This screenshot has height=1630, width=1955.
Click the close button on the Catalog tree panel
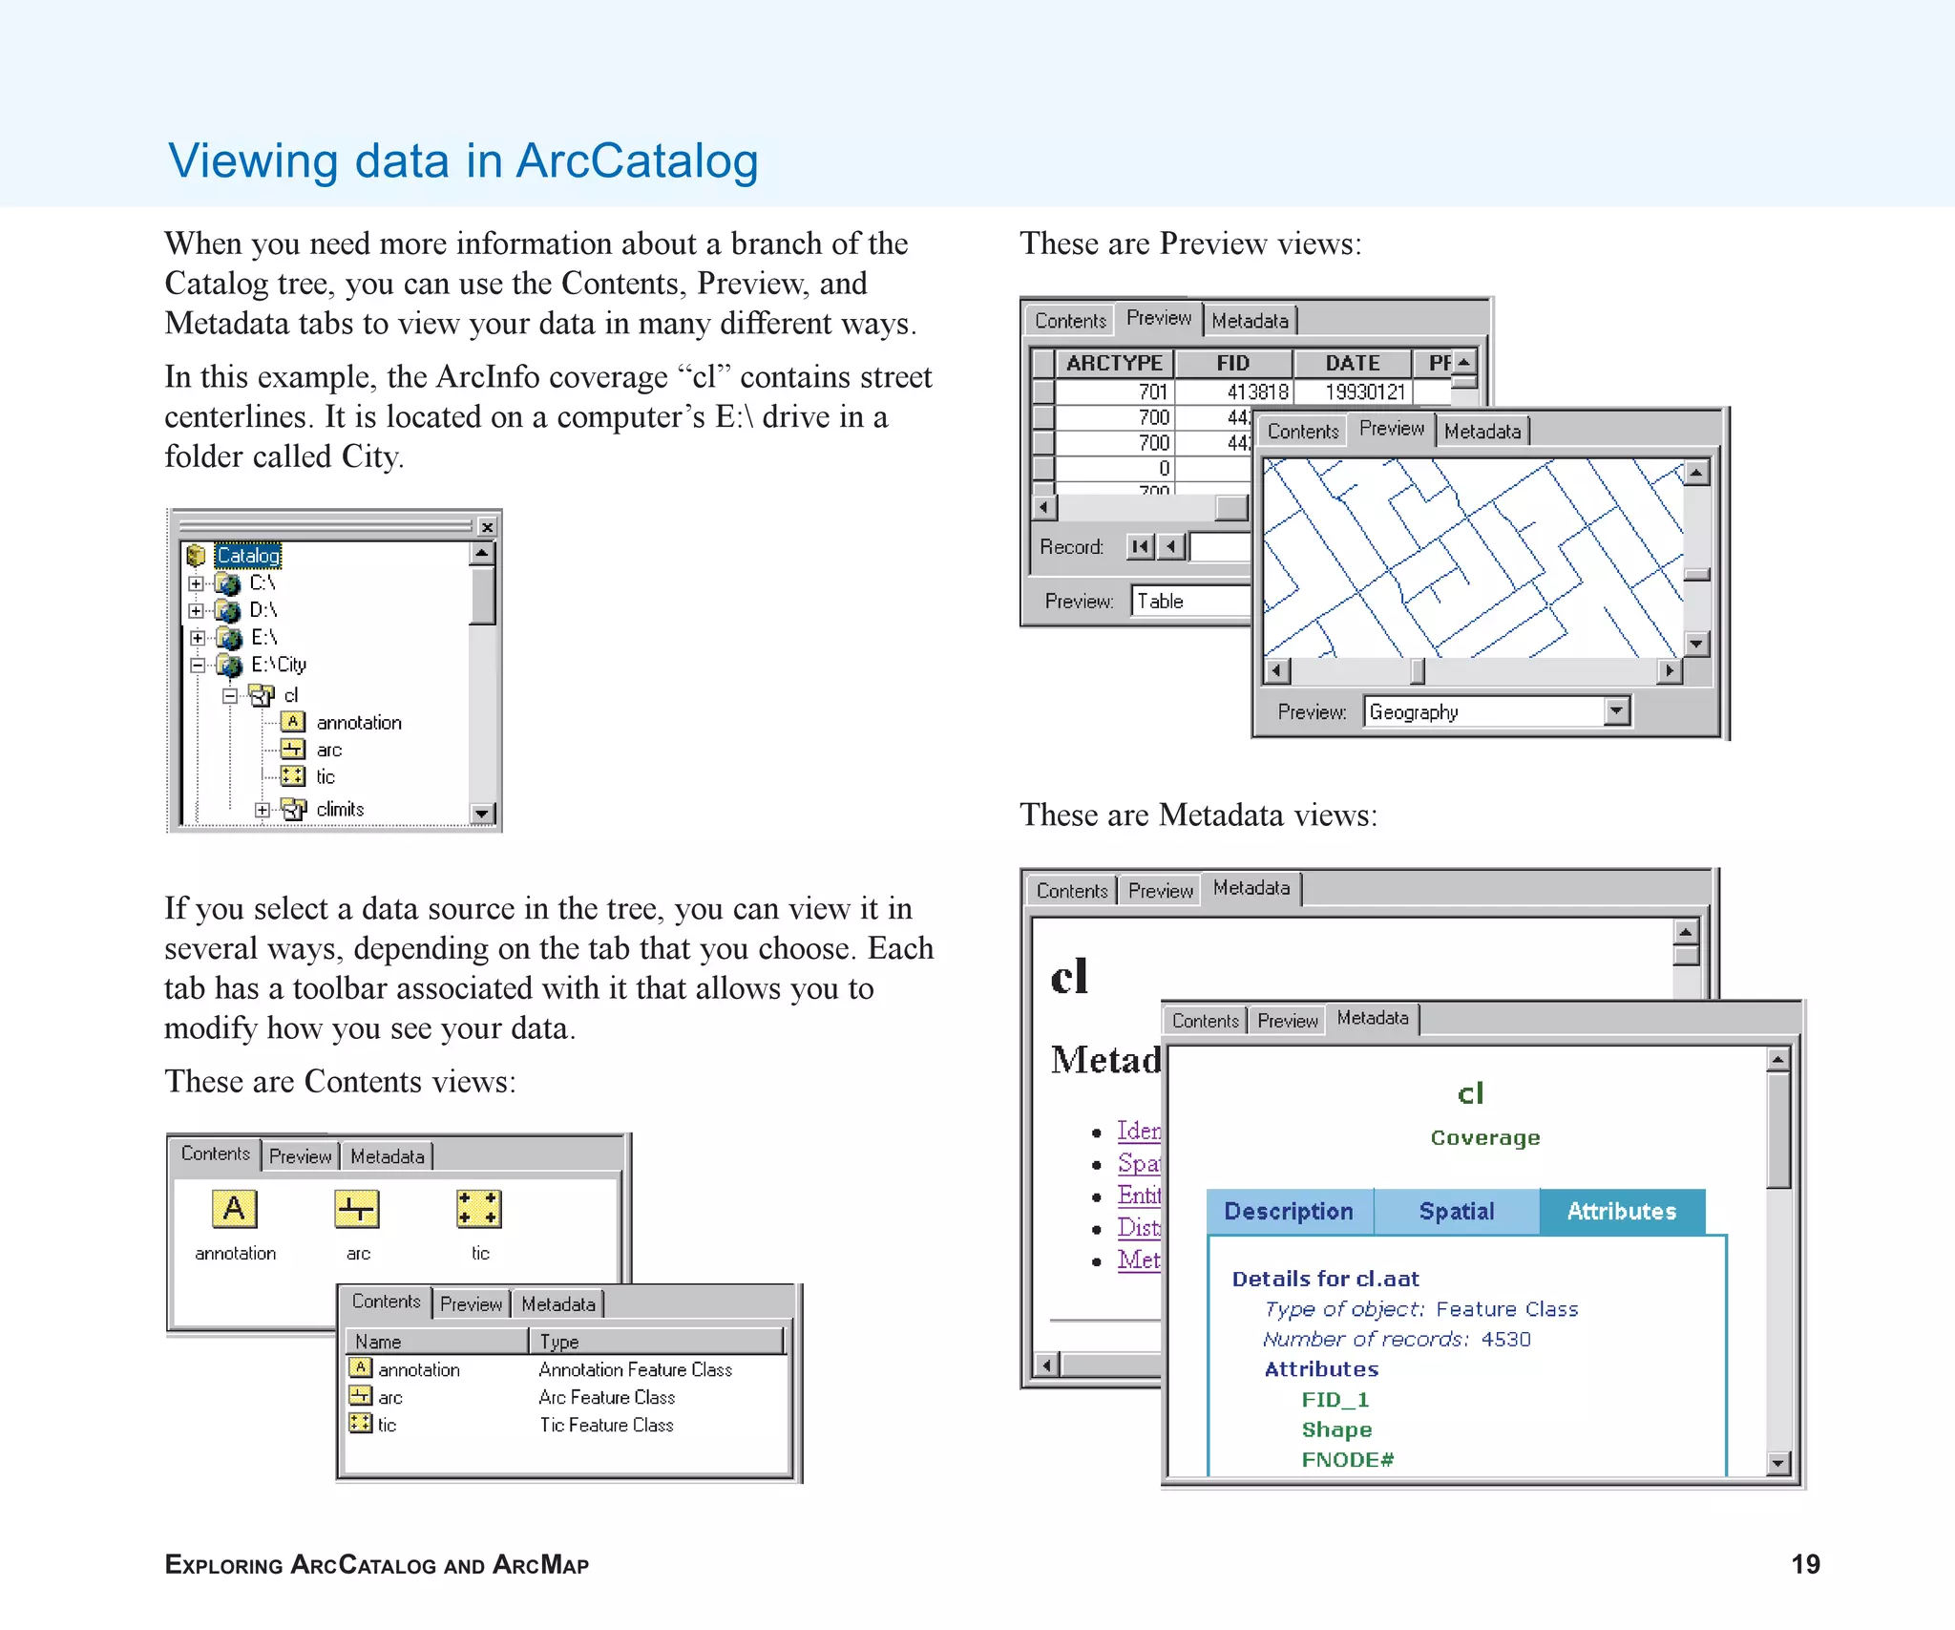coord(487,527)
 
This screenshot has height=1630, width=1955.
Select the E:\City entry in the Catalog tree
coord(278,665)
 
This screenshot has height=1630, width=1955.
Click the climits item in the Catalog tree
coord(340,810)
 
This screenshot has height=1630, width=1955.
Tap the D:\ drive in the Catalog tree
coord(263,610)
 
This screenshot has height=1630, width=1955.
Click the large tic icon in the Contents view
coord(478,1209)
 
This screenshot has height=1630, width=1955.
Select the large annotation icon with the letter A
coord(234,1209)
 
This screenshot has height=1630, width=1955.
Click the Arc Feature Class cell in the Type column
coord(606,1398)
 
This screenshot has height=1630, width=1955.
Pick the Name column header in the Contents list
coord(379,1342)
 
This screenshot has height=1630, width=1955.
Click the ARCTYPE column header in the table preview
coord(1114,364)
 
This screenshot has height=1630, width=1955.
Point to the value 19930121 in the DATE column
coord(1364,392)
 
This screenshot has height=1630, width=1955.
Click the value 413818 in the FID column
coord(1257,392)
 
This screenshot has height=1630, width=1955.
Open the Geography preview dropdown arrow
coord(1615,710)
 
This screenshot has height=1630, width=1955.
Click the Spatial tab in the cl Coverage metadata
coord(1456,1212)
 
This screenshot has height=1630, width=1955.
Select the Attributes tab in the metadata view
coord(1621,1212)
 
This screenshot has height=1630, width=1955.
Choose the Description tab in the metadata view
coord(1289,1212)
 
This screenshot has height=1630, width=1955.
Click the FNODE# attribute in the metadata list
coord(1347,1460)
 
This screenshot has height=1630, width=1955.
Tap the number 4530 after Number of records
coord(1505,1340)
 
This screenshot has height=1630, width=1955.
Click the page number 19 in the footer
coord(1805,1564)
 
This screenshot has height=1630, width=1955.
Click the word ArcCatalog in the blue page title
coord(637,160)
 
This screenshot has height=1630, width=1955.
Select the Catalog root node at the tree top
coord(247,556)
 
